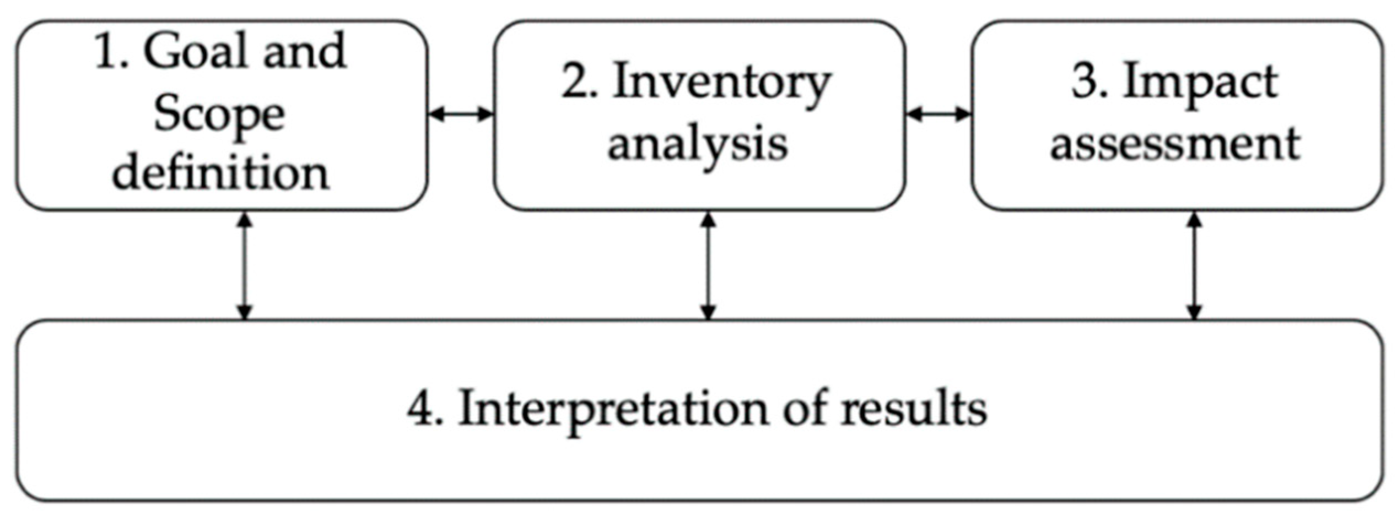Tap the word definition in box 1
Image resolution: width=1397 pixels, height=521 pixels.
coord(220,173)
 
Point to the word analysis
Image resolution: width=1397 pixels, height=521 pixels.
coord(698,144)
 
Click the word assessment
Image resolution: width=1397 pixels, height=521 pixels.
coord(1175,144)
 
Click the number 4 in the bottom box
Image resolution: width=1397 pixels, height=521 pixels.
coord(421,410)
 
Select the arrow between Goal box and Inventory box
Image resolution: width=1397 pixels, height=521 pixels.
coord(460,115)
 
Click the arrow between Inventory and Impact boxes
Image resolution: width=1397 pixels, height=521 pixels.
coord(938,115)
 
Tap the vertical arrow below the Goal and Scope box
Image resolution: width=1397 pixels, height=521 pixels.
coord(244,267)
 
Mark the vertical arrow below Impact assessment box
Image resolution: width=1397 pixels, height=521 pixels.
coord(1194,267)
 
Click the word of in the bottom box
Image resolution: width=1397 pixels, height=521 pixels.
coord(805,410)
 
